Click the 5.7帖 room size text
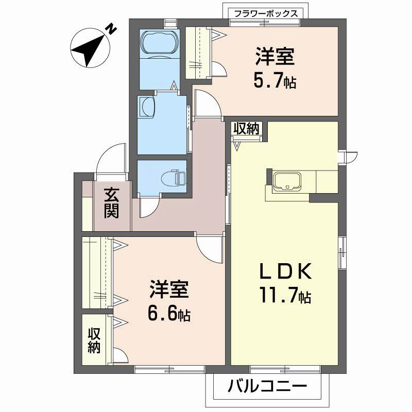(x=274, y=81)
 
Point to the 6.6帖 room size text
(x=169, y=313)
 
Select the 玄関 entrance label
(x=112, y=203)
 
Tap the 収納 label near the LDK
(x=247, y=129)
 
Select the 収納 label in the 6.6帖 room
(x=93, y=340)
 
